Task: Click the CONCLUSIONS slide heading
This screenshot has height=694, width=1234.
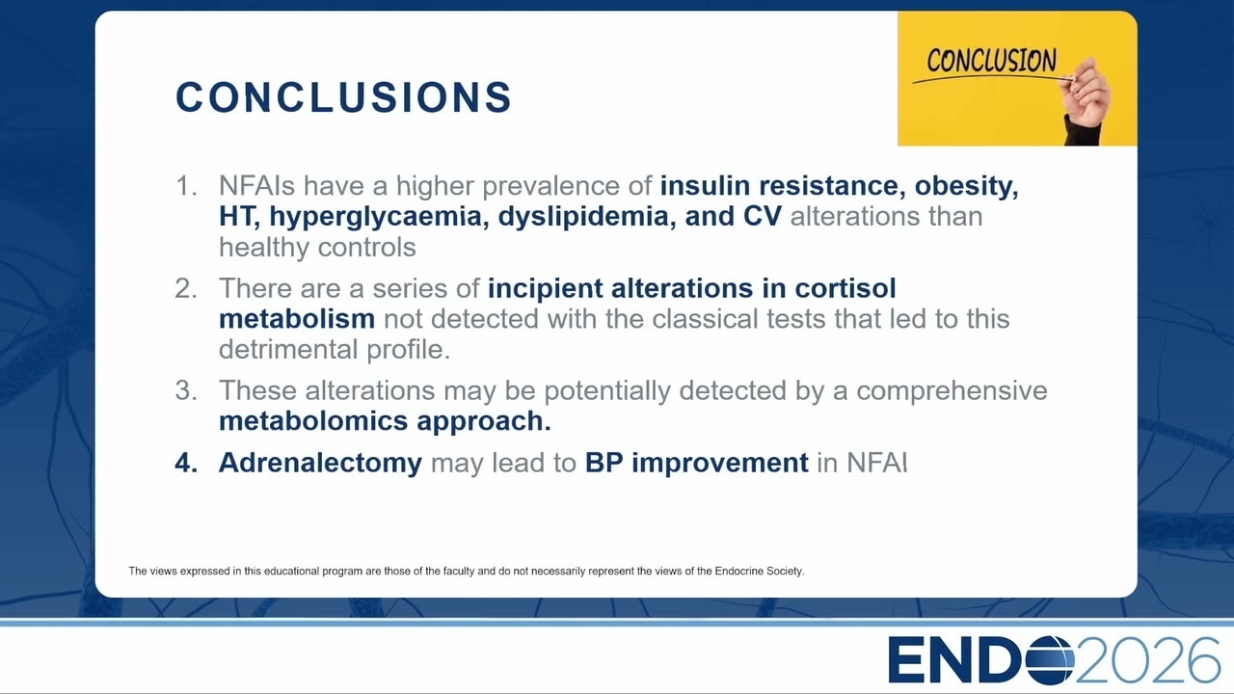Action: coord(344,97)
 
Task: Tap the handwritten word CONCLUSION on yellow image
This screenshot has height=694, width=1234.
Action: coord(991,60)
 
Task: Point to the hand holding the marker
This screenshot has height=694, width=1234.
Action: coord(1086,101)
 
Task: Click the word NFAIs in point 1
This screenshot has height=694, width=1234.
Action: coord(256,186)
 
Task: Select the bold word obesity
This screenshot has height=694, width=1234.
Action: coord(966,186)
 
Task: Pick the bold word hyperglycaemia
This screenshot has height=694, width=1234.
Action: coord(379,217)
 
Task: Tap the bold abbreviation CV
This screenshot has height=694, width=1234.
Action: coord(762,216)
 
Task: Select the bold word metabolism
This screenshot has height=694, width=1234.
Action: coord(297,319)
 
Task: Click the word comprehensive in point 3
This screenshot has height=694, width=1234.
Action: coord(952,391)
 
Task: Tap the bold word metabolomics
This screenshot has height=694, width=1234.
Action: coord(313,421)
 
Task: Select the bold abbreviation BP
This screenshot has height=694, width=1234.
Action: coord(604,463)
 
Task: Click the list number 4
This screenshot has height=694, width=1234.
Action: coord(186,463)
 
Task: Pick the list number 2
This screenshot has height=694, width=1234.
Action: coord(186,288)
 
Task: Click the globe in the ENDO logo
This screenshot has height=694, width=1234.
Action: coord(1050,660)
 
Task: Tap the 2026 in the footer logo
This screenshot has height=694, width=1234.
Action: coord(1147,660)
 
